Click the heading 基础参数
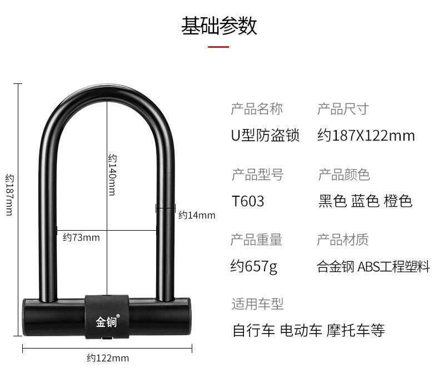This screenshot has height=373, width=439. [x=219, y=26]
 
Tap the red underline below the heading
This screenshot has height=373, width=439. [x=218, y=47]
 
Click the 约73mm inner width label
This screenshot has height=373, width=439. [x=81, y=237]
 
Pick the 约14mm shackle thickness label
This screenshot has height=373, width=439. [x=197, y=215]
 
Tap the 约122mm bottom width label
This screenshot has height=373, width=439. [x=108, y=358]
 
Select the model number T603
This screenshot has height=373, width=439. [x=248, y=201]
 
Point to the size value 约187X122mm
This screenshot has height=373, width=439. [x=366, y=135]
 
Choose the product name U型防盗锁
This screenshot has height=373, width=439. [x=265, y=135]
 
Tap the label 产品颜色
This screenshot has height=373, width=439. [x=343, y=175]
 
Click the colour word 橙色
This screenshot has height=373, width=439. [x=398, y=201]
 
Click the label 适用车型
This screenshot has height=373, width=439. [x=257, y=304]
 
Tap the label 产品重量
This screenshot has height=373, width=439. [x=256, y=240]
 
